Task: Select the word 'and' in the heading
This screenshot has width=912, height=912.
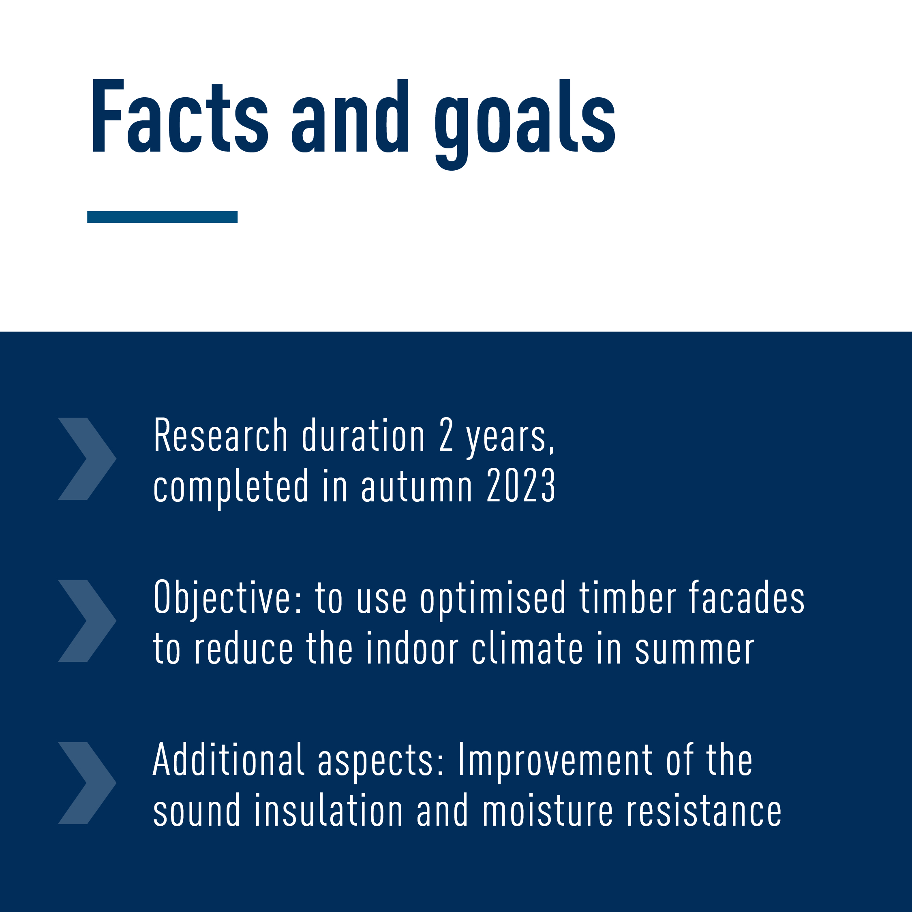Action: coord(350,116)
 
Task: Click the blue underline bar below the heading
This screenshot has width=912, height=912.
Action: coord(163,217)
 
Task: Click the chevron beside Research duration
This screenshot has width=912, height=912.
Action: coord(87,459)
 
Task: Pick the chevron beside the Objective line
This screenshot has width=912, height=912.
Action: coord(87,621)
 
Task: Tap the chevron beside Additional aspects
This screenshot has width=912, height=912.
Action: coord(87,783)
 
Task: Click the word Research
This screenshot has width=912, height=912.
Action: coord(221,435)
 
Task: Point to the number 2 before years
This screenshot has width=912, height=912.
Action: coord(446,435)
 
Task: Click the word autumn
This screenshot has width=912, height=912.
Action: coord(417,486)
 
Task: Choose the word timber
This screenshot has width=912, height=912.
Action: coord(628,597)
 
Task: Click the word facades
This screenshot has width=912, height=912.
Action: coord(747,597)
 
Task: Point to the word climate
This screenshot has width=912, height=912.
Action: coord(527,649)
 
